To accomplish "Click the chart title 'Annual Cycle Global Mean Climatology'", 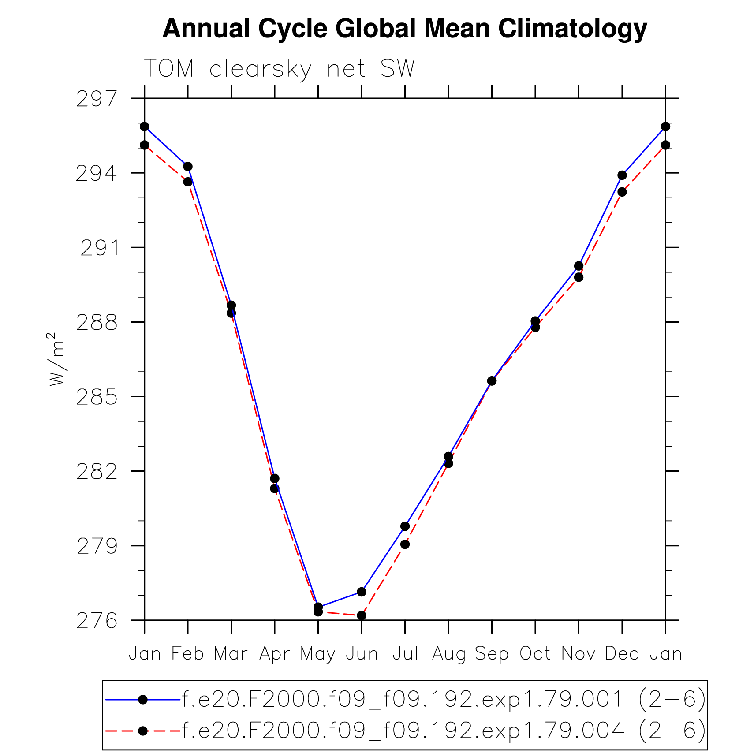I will [405, 29].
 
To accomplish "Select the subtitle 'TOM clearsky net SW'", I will [279, 68].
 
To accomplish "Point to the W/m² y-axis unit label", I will [57, 359].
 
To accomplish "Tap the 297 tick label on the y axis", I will [97, 99].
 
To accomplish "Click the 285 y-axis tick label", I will [97, 397].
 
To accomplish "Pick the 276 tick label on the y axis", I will [97, 621].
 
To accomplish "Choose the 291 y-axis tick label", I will [100, 248].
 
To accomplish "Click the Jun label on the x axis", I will [362, 653].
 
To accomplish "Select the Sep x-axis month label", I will [492, 653].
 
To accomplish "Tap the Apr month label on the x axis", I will [274, 653].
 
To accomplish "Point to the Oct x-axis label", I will [535, 653].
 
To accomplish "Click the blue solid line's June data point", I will [362, 592].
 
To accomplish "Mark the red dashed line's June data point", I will [362, 615].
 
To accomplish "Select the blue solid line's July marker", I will [405, 526].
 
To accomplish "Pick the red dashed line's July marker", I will [405, 544].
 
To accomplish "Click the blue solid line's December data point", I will [622, 175].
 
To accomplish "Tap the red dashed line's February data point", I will [188, 182].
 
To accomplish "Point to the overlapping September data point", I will [492, 381].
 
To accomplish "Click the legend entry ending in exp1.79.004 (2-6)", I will [444, 731].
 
